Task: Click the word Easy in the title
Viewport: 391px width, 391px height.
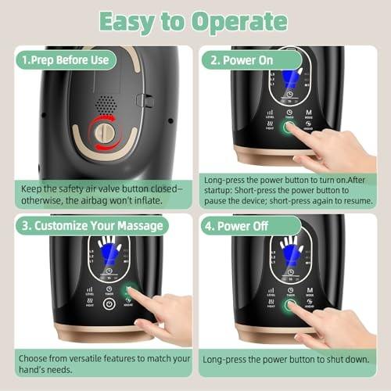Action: (130, 21)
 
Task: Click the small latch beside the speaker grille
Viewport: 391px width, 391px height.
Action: (141, 100)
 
